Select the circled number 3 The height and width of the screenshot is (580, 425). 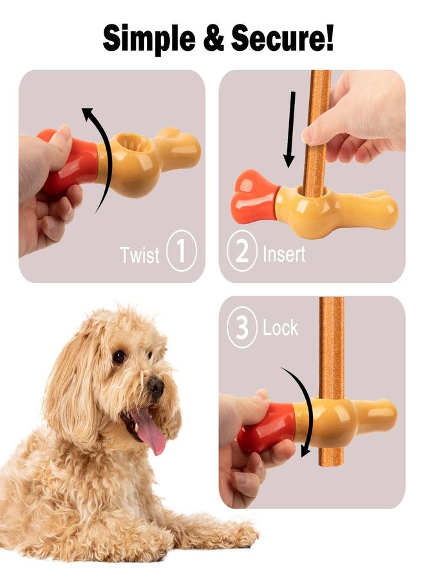tap(241, 329)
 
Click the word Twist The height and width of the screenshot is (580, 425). tap(139, 255)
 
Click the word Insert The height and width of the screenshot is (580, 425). tap(283, 254)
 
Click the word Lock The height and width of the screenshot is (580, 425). tap(280, 329)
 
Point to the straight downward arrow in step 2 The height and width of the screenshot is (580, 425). tap(290, 129)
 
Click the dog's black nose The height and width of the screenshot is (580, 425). tap(155, 387)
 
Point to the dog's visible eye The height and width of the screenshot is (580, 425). tap(119, 356)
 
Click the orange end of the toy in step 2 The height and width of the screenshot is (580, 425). tap(253, 197)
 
